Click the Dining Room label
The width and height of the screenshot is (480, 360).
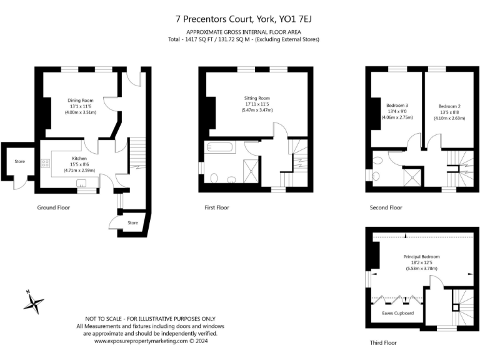(81, 101)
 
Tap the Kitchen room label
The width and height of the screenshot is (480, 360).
(79, 159)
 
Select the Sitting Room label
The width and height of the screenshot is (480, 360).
(257, 98)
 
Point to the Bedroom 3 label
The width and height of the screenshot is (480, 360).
(397, 105)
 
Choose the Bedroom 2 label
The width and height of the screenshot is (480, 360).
(449, 106)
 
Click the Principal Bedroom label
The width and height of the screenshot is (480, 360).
(422, 257)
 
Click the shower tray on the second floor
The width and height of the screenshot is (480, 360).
(412, 176)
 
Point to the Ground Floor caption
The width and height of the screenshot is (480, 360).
(53, 207)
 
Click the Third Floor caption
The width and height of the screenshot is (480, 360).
(382, 342)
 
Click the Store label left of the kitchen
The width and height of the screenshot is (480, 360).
(20, 161)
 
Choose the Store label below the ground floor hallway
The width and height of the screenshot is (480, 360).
(132, 222)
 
